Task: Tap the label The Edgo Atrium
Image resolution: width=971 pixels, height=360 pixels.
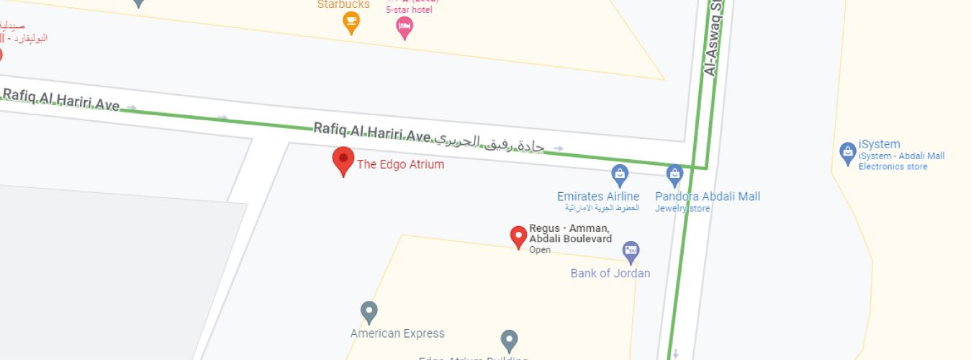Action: pyautogui.click(x=401, y=164)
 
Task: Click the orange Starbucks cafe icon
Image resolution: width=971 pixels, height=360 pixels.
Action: pyautogui.click(x=351, y=23)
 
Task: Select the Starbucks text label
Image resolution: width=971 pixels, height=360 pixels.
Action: pyautogui.click(x=343, y=4)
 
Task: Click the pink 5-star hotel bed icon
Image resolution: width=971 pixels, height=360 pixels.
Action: pyautogui.click(x=405, y=27)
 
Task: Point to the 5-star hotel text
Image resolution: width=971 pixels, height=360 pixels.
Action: pyautogui.click(x=409, y=10)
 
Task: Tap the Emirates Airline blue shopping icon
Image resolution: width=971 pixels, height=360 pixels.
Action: pyautogui.click(x=619, y=174)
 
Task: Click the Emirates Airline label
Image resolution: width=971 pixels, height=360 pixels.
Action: pyautogui.click(x=597, y=197)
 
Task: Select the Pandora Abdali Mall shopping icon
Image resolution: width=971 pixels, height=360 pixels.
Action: pyautogui.click(x=674, y=174)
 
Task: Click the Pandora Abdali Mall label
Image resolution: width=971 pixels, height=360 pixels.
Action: pyautogui.click(x=707, y=197)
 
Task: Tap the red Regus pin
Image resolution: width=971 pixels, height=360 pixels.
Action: pyautogui.click(x=518, y=235)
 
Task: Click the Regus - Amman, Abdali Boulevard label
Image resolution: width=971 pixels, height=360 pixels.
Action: pyautogui.click(x=570, y=233)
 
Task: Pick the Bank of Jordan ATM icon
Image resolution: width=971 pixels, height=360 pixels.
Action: pyautogui.click(x=631, y=251)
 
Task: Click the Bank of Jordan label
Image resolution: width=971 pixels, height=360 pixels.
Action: pyautogui.click(x=610, y=273)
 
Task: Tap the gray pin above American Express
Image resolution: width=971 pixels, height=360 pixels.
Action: pyautogui.click(x=369, y=312)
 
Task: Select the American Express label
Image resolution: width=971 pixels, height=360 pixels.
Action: pyautogui.click(x=397, y=333)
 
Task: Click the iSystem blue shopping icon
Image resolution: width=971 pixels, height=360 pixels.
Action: pyautogui.click(x=847, y=153)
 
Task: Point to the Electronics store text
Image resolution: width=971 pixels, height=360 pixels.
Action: pyautogui.click(x=893, y=167)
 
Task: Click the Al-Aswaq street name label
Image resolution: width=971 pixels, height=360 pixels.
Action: pyautogui.click(x=713, y=40)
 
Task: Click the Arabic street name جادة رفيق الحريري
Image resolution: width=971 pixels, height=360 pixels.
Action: pyautogui.click(x=489, y=142)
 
